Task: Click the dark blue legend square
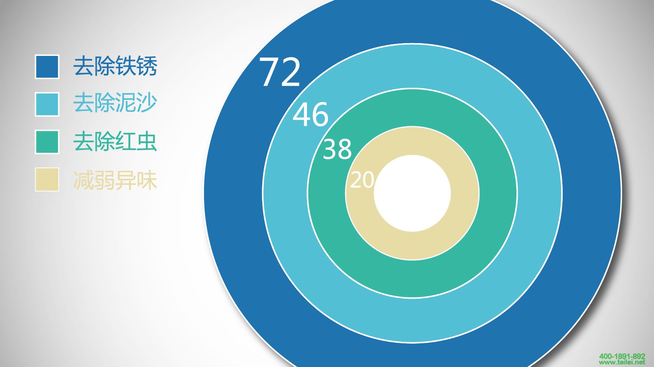(x=47, y=66)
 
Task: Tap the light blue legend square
(x=47, y=104)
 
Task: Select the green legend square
(x=47, y=142)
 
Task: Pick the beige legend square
(x=47, y=179)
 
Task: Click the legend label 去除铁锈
(x=115, y=66)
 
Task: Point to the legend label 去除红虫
(x=115, y=141)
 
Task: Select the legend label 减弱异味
(x=115, y=180)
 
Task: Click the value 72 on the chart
(x=280, y=72)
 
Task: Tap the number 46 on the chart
(x=310, y=114)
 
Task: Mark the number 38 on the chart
(x=337, y=149)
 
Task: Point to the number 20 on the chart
(x=362, y=180)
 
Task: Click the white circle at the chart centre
(x=412, y=193)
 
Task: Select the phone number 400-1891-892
(x=622, y=356)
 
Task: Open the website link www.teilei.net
(x=622, y=362)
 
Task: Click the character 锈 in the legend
(x=147, y=66)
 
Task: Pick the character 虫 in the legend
(x=147, y=141)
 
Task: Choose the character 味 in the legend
(x=147, y=180)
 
